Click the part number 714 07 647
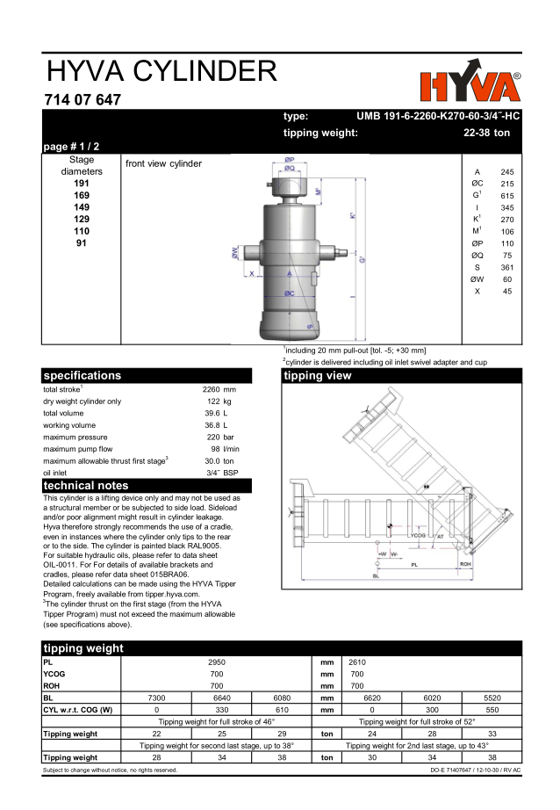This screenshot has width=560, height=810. click(x=83, y=100)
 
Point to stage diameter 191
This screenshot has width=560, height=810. click(x=81, y=184)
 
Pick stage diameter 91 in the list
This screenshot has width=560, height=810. click(x=81, y=242)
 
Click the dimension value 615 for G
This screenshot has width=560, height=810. click(x=506, y=195)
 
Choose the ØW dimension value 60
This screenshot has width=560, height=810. click(x=506, y=279)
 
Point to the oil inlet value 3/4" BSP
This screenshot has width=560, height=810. click(x=222, y=473)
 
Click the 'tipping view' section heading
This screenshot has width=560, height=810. click(x=318, y=376)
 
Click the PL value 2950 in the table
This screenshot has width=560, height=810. click(x=216, y=661)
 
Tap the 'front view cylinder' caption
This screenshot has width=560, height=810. click(x=163, y=163)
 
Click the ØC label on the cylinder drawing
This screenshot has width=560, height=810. click(x=289, y=292)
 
